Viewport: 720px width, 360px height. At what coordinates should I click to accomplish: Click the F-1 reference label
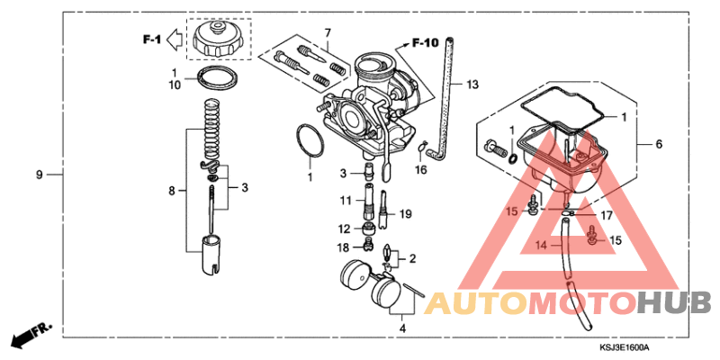point(149,39)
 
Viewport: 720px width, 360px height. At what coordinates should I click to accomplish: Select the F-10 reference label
point(425,42)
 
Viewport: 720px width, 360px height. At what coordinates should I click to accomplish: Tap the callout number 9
point(39,173)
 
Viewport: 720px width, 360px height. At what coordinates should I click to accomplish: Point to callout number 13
point(472,85)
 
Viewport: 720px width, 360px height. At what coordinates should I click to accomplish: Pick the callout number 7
point(328,33)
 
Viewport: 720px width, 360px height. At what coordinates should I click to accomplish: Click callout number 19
point(405,214)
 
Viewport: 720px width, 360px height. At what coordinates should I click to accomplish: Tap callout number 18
point(344,247)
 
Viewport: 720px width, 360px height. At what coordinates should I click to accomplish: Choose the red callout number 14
point(542,245)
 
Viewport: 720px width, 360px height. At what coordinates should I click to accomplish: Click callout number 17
point(581,215)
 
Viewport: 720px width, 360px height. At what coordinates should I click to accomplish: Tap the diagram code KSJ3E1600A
point(625,347)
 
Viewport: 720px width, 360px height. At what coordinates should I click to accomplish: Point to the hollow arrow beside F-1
point(177,39)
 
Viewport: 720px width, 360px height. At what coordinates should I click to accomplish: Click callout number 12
point(344,228)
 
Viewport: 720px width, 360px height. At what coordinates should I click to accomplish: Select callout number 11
point(346,199)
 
